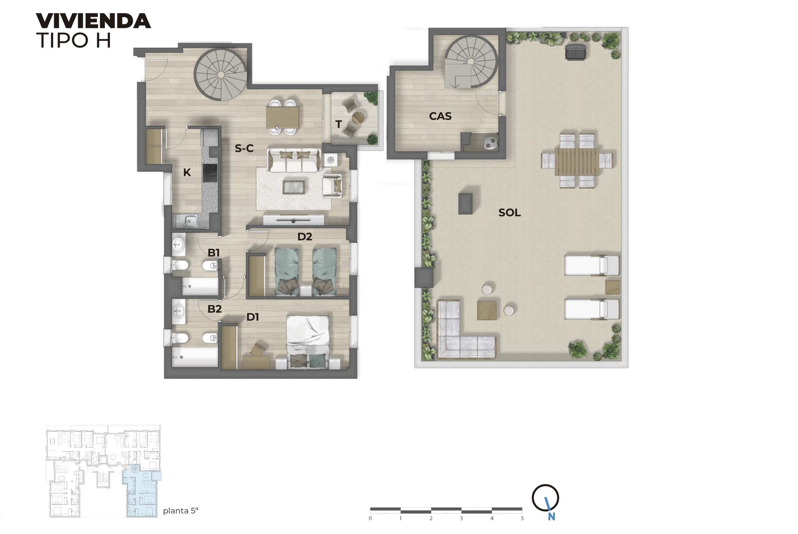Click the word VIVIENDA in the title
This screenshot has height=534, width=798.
pos(93,21)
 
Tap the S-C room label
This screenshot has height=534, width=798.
pos(244,148)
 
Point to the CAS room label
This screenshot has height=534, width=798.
pos(440,116)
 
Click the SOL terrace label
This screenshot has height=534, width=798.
pos(509,212)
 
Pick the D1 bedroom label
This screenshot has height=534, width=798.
pos(252,317)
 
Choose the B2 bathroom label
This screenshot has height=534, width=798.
pos(214,309)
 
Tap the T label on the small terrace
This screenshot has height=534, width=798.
pos(338,124)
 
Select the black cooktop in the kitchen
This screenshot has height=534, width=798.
pos(210,173)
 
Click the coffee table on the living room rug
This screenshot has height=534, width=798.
pos(294,187)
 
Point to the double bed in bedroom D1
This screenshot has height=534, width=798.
pos(308,341)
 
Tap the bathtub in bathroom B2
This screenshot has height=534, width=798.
pos(195,357)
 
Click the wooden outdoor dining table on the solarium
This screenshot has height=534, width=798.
pos(576,161)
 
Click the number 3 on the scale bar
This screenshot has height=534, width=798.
pos(461,518)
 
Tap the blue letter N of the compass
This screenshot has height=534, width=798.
pos(551,517)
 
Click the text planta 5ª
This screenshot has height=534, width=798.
pos(180,511)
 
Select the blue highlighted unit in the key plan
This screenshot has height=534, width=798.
pos(142,494)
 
